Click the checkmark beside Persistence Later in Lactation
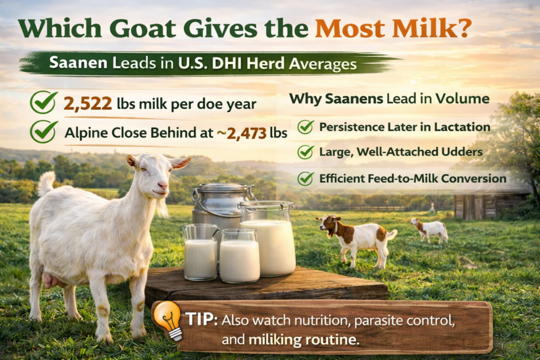[x=305, y=127]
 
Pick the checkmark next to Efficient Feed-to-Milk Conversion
[x=305, y=179]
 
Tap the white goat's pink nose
[x=163, y=187]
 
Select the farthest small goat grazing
[x=430, y=229]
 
